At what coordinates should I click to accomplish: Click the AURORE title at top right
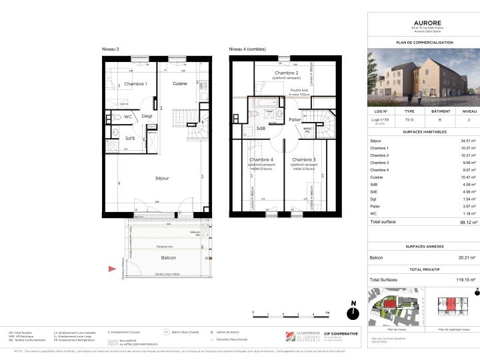pos(423,22)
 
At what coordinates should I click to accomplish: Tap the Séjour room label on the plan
pos(162,178)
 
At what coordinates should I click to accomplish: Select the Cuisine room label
pos(180,83)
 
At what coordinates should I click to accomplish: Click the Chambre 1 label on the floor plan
pos(135,83)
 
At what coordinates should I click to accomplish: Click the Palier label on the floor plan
pos(295,119)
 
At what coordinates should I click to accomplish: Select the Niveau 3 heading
pos(111,49)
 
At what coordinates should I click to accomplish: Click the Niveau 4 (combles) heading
pos(247,49)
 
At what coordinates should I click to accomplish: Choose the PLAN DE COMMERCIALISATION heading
pos(423,42)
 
